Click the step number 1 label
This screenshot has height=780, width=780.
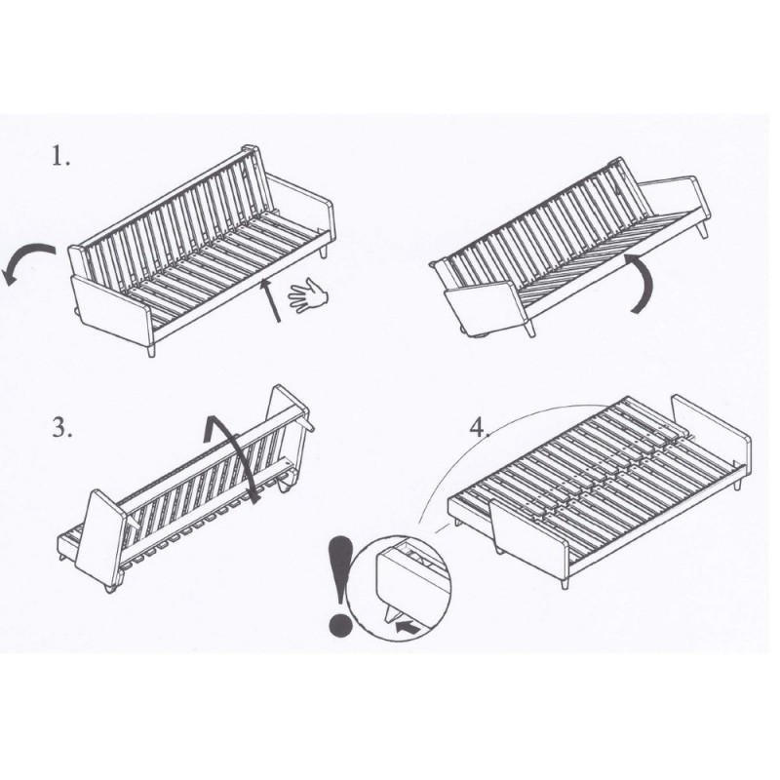coord(61,156)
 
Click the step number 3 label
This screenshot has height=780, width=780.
coord(62,427)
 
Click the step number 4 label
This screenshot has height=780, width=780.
coord(479,427)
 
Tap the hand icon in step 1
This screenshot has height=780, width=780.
coord(308,295)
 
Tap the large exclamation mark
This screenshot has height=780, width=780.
coord(340,585)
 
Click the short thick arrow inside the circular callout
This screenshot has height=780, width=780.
coord(408,627)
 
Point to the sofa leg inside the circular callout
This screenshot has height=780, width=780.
coord(391,612)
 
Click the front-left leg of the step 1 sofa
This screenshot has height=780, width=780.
coord(152,347)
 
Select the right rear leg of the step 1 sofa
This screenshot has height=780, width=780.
coord(324,251)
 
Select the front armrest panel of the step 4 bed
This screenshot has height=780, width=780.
coord(528,537)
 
